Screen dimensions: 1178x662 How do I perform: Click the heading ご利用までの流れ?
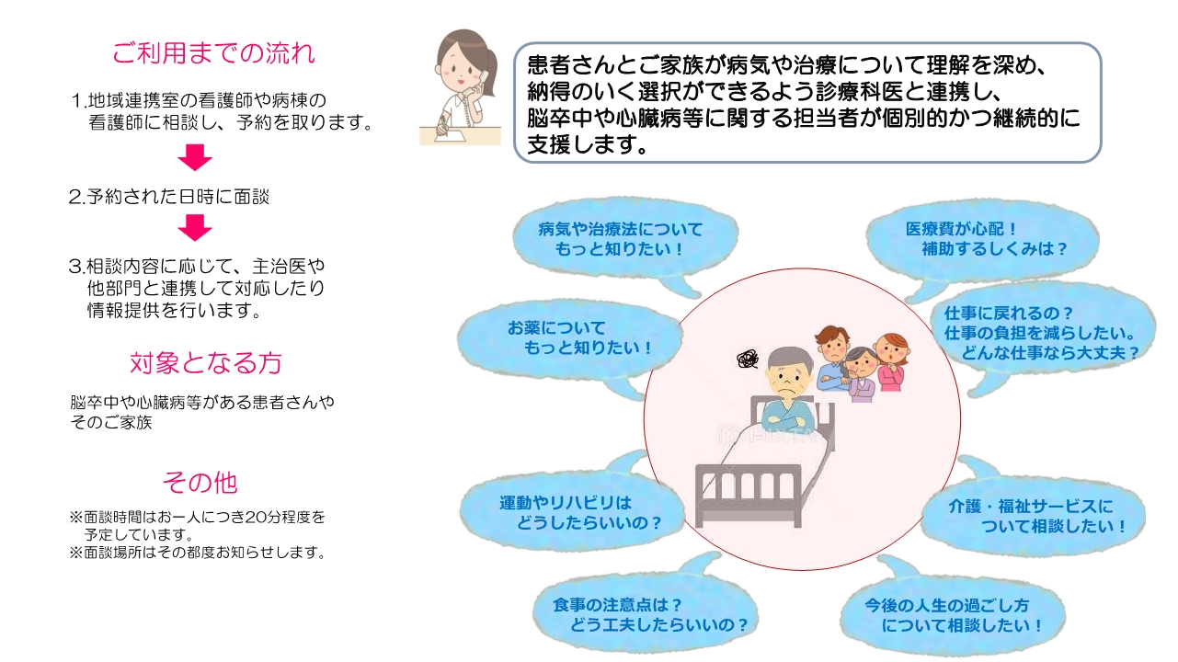click(213, 53)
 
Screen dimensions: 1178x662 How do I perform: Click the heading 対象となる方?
click(206, 363)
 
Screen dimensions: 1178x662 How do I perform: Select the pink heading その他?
click(200, 482)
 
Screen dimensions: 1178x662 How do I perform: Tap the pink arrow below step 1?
click(195, 157)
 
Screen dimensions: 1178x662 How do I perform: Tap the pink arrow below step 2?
click(195, 228)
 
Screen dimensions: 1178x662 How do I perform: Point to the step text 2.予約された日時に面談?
click(169, 197)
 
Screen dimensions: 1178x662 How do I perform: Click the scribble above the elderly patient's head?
click(748, 360)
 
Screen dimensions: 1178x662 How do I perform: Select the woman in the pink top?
click(891, 362)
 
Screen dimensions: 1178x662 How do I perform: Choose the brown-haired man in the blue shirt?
click(833, 358)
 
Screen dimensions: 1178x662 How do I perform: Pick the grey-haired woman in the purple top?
click(861, 374)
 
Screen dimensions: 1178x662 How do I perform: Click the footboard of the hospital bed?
click(749, 495)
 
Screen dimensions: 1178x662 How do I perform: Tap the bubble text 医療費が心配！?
click(961, 229)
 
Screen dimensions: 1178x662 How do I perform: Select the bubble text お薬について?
click(556, 327)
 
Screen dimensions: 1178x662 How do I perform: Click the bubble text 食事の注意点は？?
click(617, 605)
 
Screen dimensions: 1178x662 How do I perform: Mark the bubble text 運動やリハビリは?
click(566, 503)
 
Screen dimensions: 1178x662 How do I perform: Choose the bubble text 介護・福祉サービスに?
click(1031, 507)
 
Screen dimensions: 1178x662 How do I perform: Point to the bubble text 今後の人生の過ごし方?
click(946, 605)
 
